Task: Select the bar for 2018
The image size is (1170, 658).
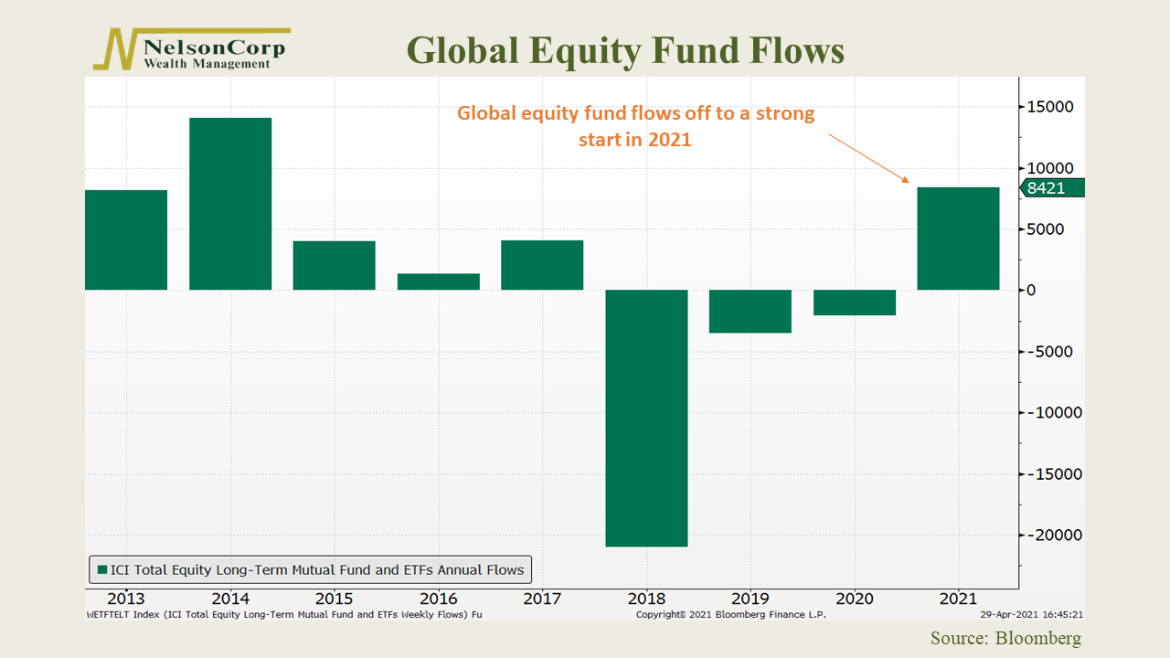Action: pos(646,418)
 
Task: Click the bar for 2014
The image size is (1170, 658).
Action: pos(230,204)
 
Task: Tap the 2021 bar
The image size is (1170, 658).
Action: pos(958,239)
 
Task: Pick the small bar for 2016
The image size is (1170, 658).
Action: pos(439,281)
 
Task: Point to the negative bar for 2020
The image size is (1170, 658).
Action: pos(855,302)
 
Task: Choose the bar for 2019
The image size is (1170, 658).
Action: pos(750,311)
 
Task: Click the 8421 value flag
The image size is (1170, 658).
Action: pos(1049,188)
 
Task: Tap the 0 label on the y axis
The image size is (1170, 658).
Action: pos(1031,290)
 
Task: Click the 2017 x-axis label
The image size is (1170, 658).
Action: pos(542,600)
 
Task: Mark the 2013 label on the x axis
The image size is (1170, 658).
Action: pos(125,600)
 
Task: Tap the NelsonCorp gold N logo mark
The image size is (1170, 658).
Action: pos(114,49)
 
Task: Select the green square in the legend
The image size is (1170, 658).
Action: pos(101,570)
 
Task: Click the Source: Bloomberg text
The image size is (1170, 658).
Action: pos(1005,638)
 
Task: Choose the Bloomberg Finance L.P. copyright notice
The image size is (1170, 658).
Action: pos(731,615)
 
